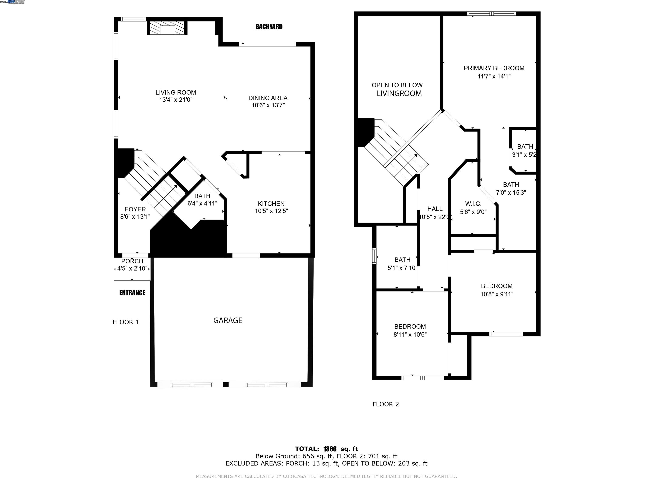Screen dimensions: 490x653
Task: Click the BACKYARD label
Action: [x=269, y=27]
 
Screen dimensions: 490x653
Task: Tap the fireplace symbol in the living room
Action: [x=167, y=28]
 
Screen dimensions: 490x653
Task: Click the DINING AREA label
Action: [x=268, y=98]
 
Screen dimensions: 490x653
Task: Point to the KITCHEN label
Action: [x=271, y=204]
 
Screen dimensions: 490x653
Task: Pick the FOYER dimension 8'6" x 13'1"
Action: [x=135, y=217]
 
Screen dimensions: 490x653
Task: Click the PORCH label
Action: [x=132, y=261]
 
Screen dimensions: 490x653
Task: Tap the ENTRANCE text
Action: [x=132, y=293]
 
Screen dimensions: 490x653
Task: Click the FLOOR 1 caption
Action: [x=126, y=322]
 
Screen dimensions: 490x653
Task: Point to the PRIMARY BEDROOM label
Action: [x=494, y=68]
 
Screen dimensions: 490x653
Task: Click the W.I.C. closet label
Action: [x=473, y=204]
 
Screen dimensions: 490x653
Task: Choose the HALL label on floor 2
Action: [x=435, y=209]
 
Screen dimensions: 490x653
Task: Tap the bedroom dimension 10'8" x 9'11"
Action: [x=497, y=294]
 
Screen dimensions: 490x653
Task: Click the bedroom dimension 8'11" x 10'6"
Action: [x=410, y=335]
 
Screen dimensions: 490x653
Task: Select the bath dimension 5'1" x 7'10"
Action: [x=402, y=268]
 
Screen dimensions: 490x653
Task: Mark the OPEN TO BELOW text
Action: [x=397, y=85]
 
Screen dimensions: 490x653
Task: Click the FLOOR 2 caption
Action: [x=386, y=404]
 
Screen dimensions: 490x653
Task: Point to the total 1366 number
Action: [x=330, y=449]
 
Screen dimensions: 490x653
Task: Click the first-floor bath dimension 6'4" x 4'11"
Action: [x=202, y=204]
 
